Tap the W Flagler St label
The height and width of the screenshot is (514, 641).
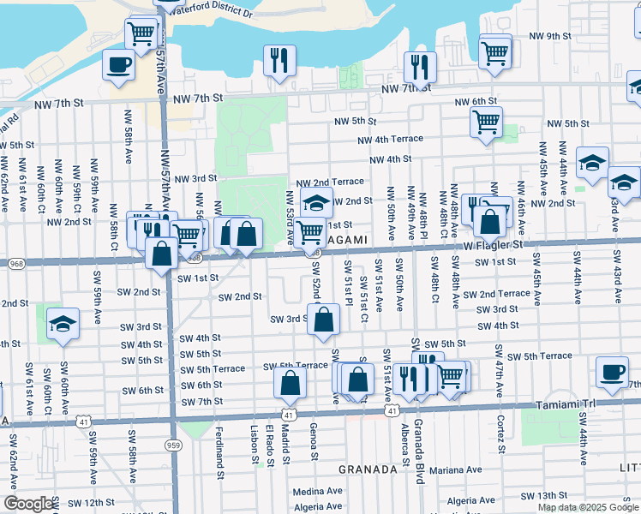click(494, 245)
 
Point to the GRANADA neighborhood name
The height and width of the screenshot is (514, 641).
click(368, 469)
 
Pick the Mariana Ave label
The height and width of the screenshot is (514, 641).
click(457, 469)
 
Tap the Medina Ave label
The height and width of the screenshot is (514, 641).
click(318, 492)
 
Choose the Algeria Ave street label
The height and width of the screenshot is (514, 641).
click(471, 500)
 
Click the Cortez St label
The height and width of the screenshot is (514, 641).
click(500, 435)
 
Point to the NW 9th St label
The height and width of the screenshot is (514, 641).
click(550, 36)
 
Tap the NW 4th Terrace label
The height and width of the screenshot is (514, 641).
click(390, 140)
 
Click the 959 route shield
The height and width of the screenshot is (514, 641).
click(174, 421)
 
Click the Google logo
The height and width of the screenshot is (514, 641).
click(28, 504)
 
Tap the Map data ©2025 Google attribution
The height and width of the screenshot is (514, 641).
click(588, 507)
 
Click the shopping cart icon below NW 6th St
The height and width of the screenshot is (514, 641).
click(486, 122)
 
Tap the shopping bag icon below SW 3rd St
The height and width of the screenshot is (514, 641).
click(323, 321)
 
